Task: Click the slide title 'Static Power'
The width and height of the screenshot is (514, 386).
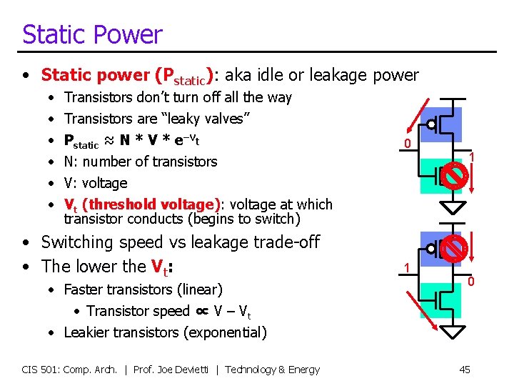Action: tap(92, 34)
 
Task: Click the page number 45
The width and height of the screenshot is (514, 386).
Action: tap(464, 370)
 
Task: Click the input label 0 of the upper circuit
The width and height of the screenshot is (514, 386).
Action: tap(406, 144)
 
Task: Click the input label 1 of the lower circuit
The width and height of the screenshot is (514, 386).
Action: tap(406, 268)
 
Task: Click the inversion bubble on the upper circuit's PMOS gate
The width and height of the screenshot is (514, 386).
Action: tap(431, 124)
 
